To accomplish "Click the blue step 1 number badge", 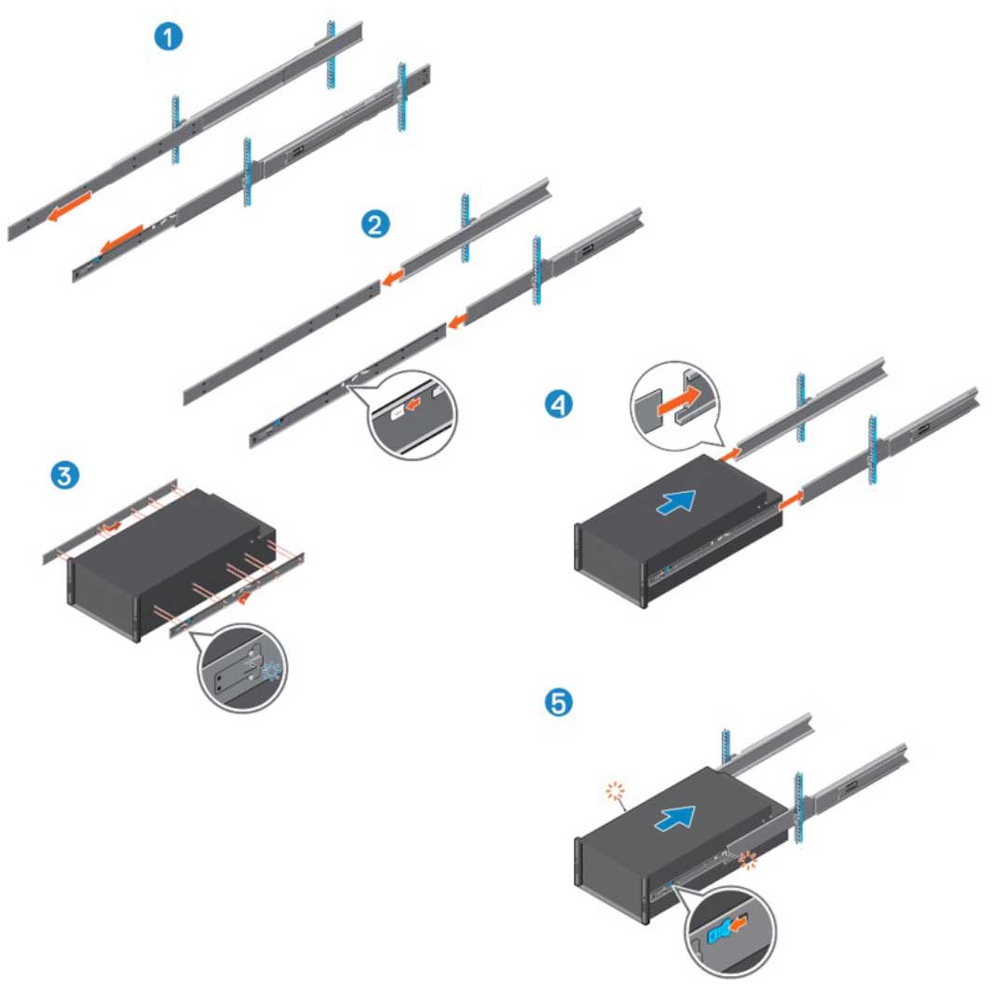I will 169,37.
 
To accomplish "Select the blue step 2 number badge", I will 375,224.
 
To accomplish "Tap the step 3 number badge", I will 62,475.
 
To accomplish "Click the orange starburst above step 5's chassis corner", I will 613,792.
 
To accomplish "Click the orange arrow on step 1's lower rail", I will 121,239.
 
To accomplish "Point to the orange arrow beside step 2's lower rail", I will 456,323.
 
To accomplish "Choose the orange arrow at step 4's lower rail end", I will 788,500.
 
